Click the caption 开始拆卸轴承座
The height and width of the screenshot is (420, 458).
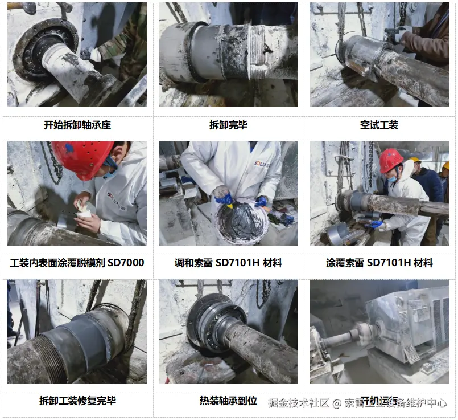[x=77, y=125]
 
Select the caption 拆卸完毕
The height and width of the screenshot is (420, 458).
[x=228, y=125]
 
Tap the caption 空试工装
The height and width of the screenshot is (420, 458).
[x=379, y=125]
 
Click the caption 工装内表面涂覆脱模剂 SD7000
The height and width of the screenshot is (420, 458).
[x=77, y=263]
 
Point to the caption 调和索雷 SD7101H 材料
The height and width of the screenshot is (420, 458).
[x=228, y=263]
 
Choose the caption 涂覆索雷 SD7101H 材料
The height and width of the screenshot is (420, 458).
[x=379, y=263]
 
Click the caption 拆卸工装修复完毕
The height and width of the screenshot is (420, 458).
[x=77, y=401]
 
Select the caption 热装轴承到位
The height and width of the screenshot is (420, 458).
[x=228, y=401]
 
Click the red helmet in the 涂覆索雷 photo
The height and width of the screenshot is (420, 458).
[x=391, y=160]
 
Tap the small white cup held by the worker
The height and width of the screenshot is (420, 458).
[x=85, y=211]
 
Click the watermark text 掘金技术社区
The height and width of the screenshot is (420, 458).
[x=299, y=403]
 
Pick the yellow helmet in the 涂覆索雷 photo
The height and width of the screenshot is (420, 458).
[x=415, y=160]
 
